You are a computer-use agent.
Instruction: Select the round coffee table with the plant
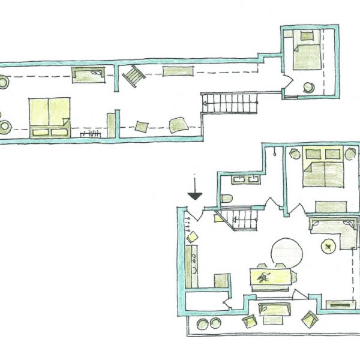pos(329,245)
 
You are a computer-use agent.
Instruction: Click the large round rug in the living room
pos(286,253)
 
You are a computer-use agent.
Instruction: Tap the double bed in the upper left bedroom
pos(49,115)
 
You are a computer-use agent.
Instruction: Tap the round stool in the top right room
pos(310,87)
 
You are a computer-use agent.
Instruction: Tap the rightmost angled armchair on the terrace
pos(308,319)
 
